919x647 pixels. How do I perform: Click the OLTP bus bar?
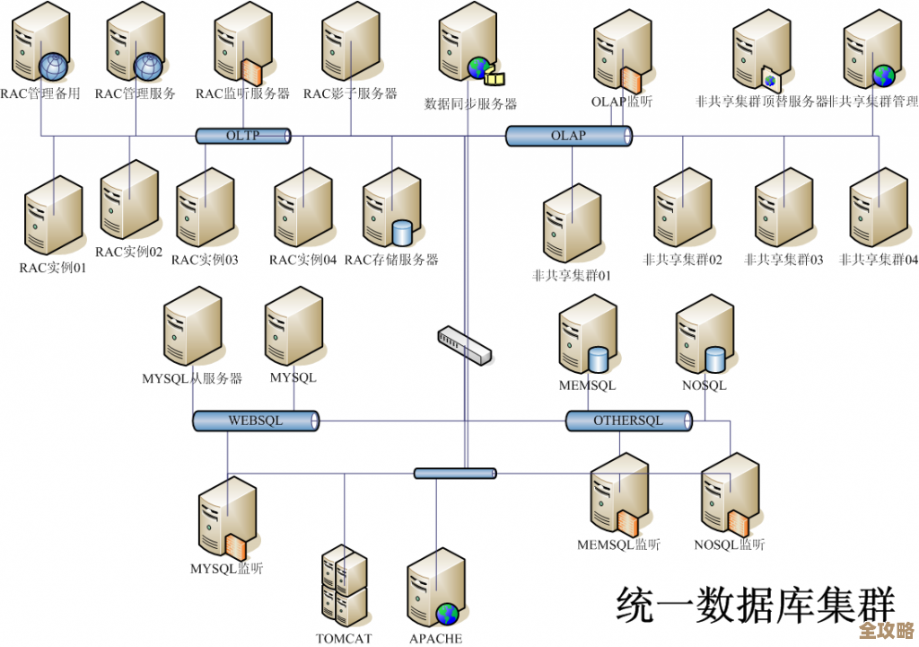tap(243, 136)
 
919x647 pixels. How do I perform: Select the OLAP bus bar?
tap(569, 136)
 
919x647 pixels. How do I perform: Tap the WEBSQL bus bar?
tap(256, 420)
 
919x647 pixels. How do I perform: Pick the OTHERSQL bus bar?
tap(628, 421)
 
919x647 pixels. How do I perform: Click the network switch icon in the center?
tap(465, 345)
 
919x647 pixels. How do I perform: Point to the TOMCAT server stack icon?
tap(344, 586)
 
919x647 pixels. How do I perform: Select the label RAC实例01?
tap(53, 267)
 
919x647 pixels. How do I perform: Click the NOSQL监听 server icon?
tap(729, 495)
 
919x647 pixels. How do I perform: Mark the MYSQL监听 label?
tap(227, 568)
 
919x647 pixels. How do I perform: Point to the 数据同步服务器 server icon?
tap(468, 49)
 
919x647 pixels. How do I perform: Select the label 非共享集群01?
tap(572, 276)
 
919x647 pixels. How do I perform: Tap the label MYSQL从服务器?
tap(192, 378)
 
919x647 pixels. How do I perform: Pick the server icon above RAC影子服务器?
tap(350, 43)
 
